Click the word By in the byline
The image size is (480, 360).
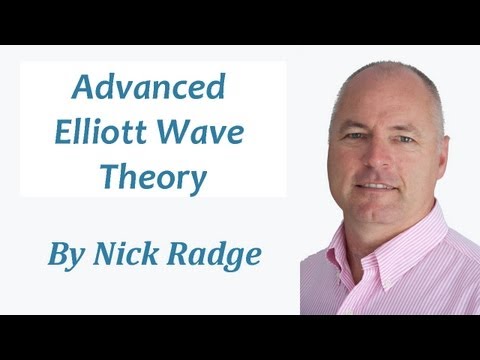(x=65, y=254)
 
